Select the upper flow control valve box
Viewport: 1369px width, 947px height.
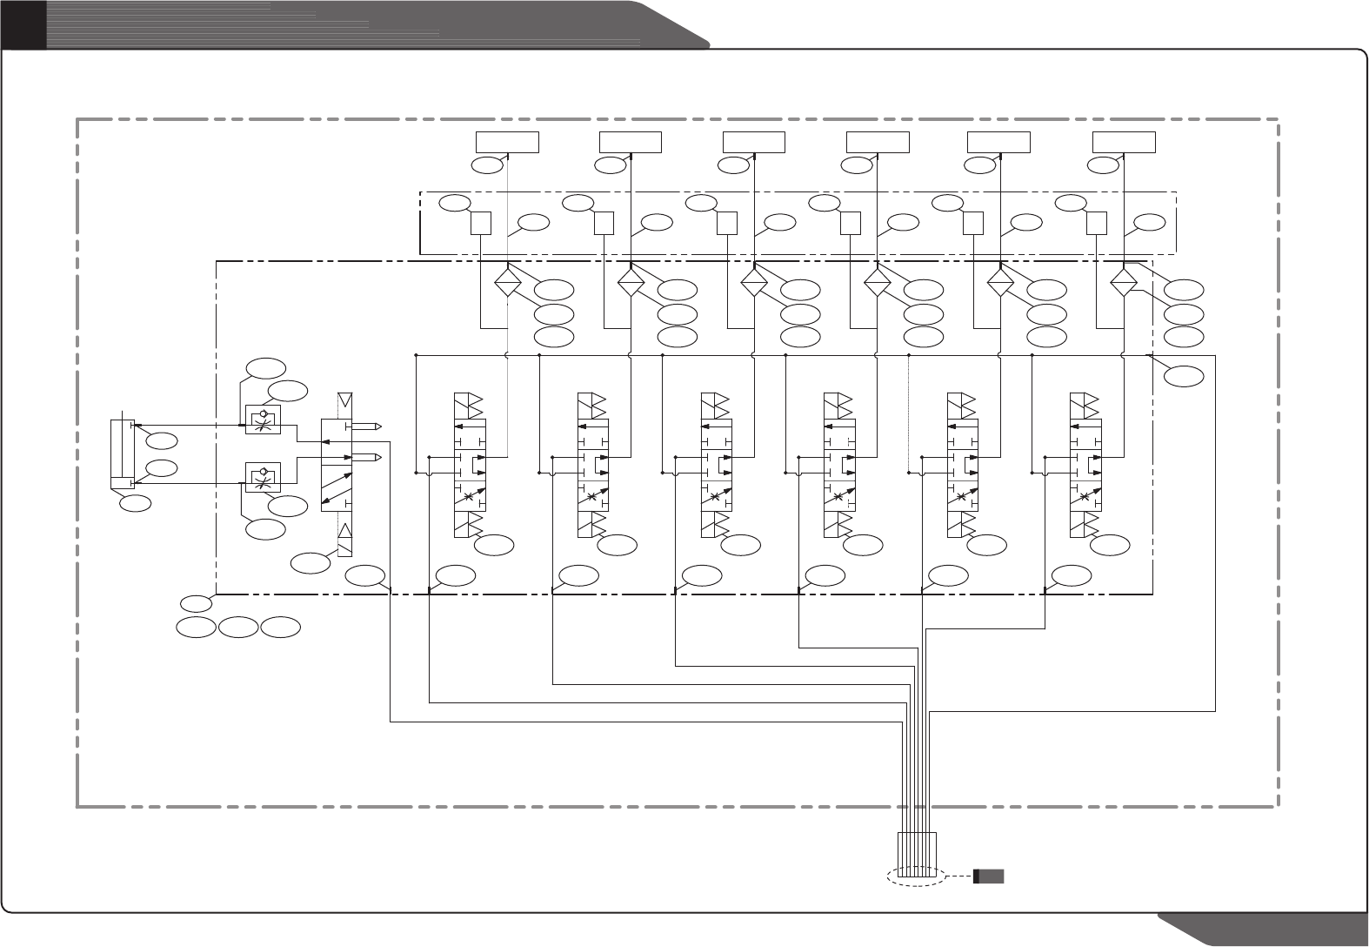click(x=264, y=421)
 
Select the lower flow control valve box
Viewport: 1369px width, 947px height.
click(x=264, y=477)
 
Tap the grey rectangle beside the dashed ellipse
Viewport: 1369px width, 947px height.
click(x=989, y=876)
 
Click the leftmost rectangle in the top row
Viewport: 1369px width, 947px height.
click(x=507, y=142)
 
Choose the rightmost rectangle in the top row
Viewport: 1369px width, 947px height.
click(x=1124, y=142)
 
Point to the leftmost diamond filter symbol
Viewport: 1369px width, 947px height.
click(x=507, y=283)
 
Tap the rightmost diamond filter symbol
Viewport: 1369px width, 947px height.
click(x=1124, y=283)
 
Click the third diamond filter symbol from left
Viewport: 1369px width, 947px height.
click(x=754, y=283)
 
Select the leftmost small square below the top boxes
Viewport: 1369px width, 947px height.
click(x=481, y=224)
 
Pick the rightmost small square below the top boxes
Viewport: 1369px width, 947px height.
click(x=1098, y=224)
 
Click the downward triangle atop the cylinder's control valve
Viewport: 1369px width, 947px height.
click(x=345, y=402)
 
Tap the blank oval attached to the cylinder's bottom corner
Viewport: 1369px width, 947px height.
click(x=135, y=502)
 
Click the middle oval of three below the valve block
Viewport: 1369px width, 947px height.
click(x=238, y=626)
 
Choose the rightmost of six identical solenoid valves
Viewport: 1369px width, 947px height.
click(x=1084, y=466)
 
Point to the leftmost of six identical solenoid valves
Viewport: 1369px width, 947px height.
click(x=467, y=466)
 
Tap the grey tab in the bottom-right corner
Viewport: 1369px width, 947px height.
click(x=1270, y=930)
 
